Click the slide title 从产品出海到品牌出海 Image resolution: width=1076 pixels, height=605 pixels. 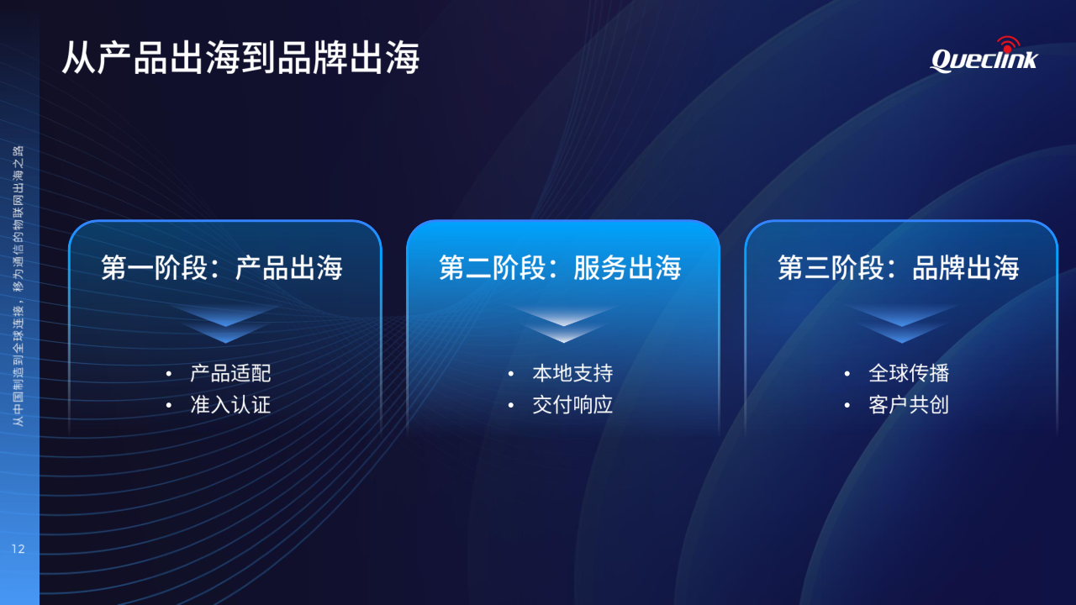pos(240,58)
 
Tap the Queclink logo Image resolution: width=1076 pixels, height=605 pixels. pos(984,55)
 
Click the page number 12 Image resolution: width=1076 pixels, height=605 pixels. pos(18,549)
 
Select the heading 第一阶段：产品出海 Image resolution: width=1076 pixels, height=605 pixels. pos(222,267)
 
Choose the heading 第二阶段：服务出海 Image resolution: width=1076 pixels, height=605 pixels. pos(560,267)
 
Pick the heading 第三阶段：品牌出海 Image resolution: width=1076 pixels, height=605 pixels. pos(899,267)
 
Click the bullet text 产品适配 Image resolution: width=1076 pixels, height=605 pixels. pos(230,373)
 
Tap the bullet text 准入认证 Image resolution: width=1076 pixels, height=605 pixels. pos(230,405)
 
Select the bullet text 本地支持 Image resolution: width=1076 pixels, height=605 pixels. pos(572,373)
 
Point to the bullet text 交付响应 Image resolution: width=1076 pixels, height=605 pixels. pos(572,405)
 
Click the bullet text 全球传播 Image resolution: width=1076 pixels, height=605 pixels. pos(909,373)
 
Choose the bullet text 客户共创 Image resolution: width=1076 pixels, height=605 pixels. pos(909,405)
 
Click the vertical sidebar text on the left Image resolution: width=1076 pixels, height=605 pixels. pos(18,286)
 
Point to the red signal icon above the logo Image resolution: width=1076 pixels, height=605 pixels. pos(1008,45)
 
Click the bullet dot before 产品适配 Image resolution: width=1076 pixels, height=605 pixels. pos(169,374)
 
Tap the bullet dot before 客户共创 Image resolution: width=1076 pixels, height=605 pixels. pos(847,406)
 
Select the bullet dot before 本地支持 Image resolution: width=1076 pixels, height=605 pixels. pos(510,374)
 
